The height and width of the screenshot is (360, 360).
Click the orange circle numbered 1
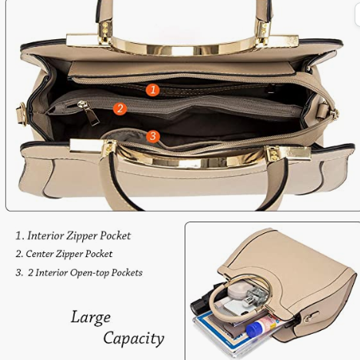(153, 90)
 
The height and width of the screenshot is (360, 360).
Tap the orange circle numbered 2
(120, 108)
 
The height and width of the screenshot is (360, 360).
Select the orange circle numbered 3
(153, 136)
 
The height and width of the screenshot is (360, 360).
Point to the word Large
(91, 318)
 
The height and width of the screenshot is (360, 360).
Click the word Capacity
(134, 338)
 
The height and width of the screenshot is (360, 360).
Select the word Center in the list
(39, 254)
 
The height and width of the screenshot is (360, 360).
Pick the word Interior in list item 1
(45, 235)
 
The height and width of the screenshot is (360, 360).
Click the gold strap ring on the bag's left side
(22, 114)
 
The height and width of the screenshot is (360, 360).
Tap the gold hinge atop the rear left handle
(105, 29)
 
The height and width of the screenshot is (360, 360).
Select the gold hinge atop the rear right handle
(262, 29)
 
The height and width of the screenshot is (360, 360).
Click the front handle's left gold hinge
(108, 148)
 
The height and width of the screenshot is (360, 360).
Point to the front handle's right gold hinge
(273, 154)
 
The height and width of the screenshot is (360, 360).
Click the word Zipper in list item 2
(69, 254)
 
